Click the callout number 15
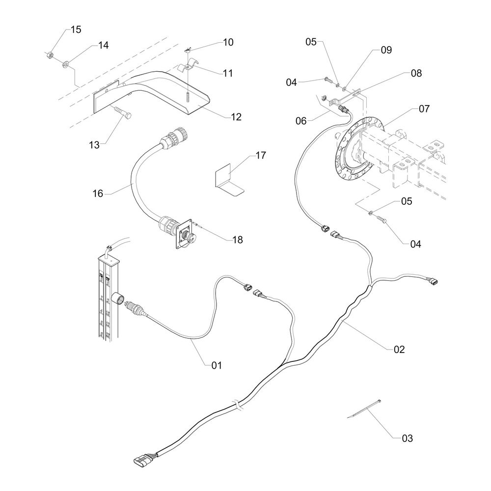point(76,30)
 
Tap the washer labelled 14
point(66,64)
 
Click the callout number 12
point(237,117)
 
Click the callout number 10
point(228,42)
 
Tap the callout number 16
point(98,193)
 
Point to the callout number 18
point(238,240)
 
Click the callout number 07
point(424,109)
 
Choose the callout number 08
point(416,73)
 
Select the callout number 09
point(386,50)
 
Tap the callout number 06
point(301,121)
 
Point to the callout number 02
point(399,350)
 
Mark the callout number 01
point(217,365)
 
